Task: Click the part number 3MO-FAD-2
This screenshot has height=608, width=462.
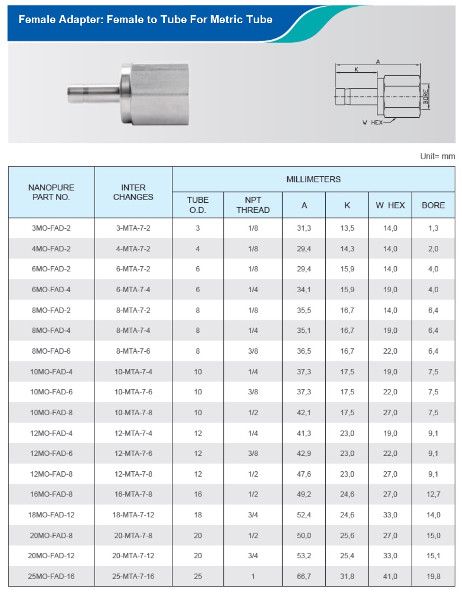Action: (x=51, y=228)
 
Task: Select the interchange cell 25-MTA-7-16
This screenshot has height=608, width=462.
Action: (x=133, y=576)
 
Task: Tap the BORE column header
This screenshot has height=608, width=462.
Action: (x=433, y=205)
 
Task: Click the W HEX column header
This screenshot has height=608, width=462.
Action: (x=390, y=205)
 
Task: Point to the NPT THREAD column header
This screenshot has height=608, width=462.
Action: (x=253, y=205)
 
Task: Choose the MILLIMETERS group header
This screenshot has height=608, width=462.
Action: (x=313, y=179)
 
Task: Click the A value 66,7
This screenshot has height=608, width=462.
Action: (x=304, y=576)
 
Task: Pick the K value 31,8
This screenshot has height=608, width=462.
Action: (x=347, y=576)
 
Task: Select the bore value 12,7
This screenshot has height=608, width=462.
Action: (x=433, y=495)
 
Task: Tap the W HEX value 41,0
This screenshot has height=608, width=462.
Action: (x=390, y=576)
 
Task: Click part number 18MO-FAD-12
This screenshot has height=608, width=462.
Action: (x=51, y=515)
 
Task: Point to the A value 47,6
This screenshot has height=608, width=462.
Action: (x=304, y=474)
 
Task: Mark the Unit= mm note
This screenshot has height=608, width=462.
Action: (x=437, y=156)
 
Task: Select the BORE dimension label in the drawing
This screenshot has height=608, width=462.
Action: (x=426, y=97)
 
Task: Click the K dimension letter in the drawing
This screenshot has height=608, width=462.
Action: (x=356, y=69)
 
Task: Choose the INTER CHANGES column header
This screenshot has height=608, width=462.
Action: (x=133, y=192)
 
